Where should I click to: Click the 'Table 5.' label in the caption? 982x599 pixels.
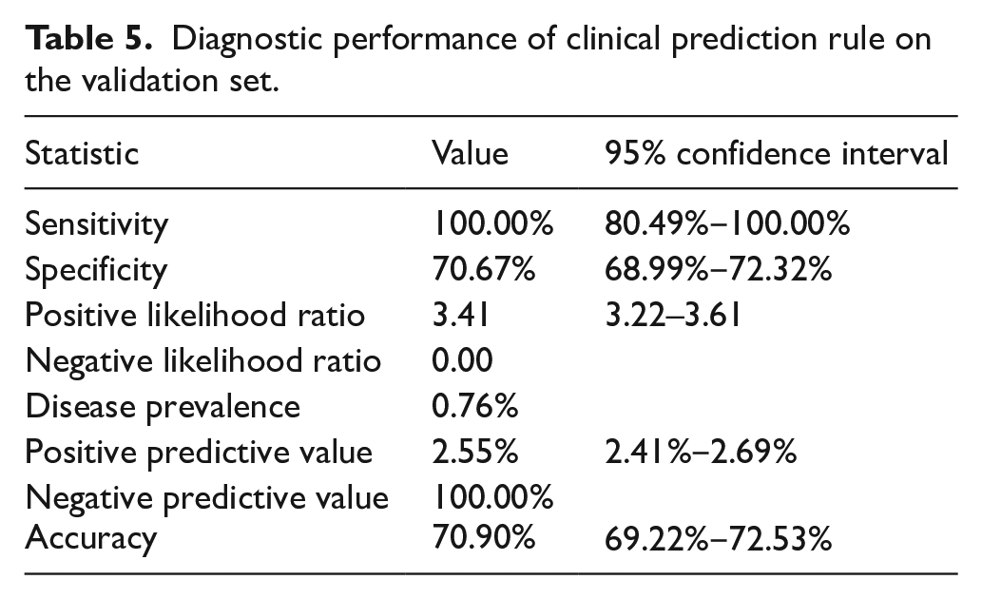pos(88,39)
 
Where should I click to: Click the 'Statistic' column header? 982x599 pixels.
pos(82,153)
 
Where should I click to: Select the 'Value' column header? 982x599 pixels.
pos(470,153)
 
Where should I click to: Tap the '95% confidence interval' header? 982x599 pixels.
pos(777,153)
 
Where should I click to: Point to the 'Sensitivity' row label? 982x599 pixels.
pos(96,224)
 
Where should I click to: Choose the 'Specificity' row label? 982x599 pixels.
pos(96,270)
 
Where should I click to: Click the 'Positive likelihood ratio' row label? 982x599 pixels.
pos(195,315)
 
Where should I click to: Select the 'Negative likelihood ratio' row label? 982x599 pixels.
pos(202,361)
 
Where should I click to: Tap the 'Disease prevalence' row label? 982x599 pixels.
pos(163,407)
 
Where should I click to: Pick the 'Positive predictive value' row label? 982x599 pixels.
pos(199,453)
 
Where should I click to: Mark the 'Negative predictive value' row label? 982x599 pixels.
pos(206,498)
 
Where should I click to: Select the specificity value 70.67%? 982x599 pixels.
pos(484,269)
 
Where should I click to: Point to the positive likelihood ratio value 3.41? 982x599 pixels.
pos(460,315)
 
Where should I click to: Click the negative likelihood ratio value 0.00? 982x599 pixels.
pos(462,360)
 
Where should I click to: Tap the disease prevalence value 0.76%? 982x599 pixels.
pos(474,406)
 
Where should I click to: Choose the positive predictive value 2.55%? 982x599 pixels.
pos(474,452)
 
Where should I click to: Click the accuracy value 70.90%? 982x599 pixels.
pos(484,537)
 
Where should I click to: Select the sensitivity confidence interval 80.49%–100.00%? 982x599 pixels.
pos(727,223)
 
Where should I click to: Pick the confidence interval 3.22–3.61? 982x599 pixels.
pos(673,315)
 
